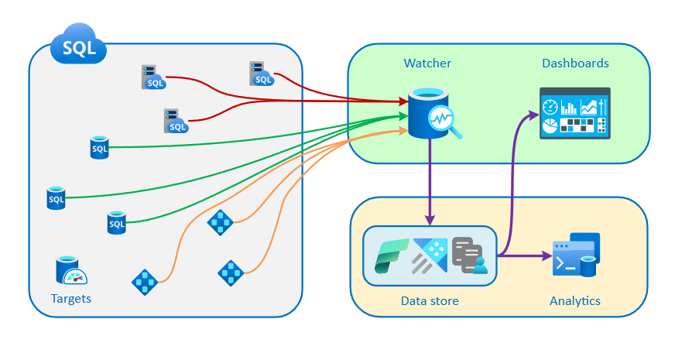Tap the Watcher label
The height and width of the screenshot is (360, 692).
point(427,63)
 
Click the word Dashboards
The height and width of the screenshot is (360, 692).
point(575,63)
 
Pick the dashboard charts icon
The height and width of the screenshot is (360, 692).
point(574,113)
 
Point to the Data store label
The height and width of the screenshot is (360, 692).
point(430,300)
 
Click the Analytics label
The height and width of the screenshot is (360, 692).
point(574,300)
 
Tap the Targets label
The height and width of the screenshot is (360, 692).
point(71,298)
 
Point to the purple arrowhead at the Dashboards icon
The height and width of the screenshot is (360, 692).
point(533,115)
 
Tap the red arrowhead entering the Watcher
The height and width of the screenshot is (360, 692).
point(403,101)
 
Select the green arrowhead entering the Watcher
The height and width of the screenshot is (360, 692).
point(403,116)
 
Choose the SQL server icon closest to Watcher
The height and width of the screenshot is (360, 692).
point(262,74)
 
